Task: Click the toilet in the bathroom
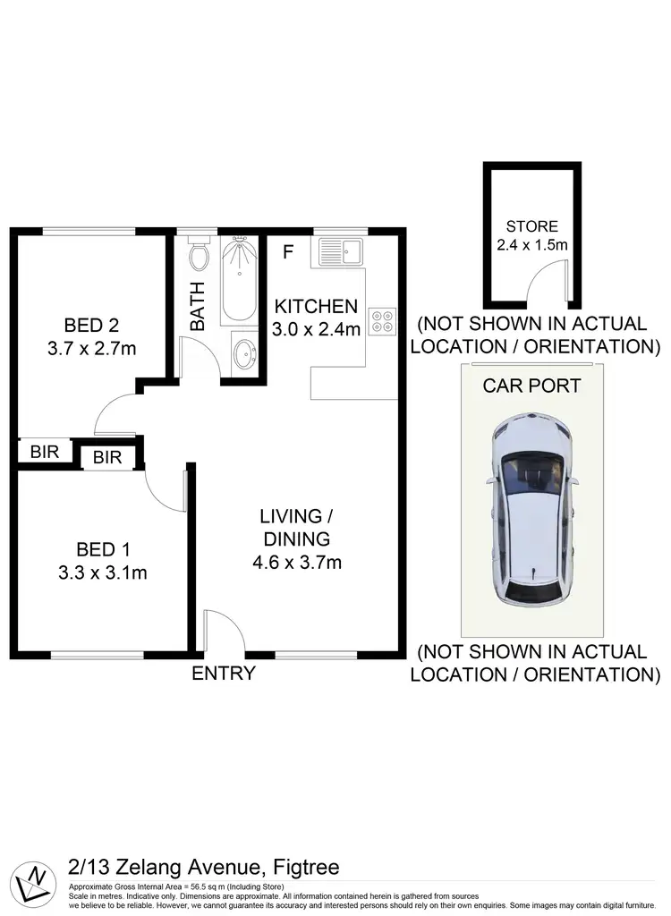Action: (x=199, y=256)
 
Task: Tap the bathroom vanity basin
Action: (x=242, y=354)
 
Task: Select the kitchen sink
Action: (x=337, y=251)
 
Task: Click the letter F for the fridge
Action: (x=287, y=251)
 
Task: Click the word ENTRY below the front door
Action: (x=224, y=674)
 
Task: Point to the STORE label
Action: (x=531, y=226)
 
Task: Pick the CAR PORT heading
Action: (x=531, y=386)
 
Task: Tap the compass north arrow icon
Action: (x=37, y=880)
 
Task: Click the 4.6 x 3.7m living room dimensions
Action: (x=296, y=563)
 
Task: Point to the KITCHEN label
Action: (x=316, y=306)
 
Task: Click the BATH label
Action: (x=198, y=307)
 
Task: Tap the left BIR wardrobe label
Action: (x=44, y=452)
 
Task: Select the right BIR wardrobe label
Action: (x=107, y=458)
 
